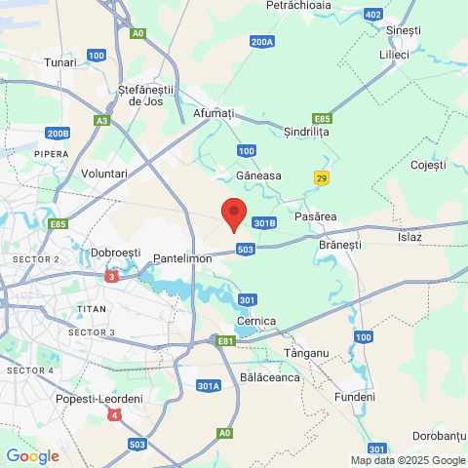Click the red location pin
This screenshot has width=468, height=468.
tap(233, 213)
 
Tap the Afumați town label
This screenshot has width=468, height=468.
tap(214, 114)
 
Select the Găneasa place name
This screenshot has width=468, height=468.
tap(258, 175)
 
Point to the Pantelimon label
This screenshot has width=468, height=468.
tap(183, 257)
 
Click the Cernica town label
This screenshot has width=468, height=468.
tap(256, 321)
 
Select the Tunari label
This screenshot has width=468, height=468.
tap(60, 62)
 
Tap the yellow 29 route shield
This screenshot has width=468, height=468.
tap(322, 177)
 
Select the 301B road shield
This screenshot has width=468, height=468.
tap(264, 223)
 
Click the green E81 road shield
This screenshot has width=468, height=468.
tap(226, 340)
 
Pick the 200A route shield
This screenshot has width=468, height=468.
tap(261, 42)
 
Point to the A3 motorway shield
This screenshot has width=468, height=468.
tap(102, 121)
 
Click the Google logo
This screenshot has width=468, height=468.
tap(32, 455)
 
